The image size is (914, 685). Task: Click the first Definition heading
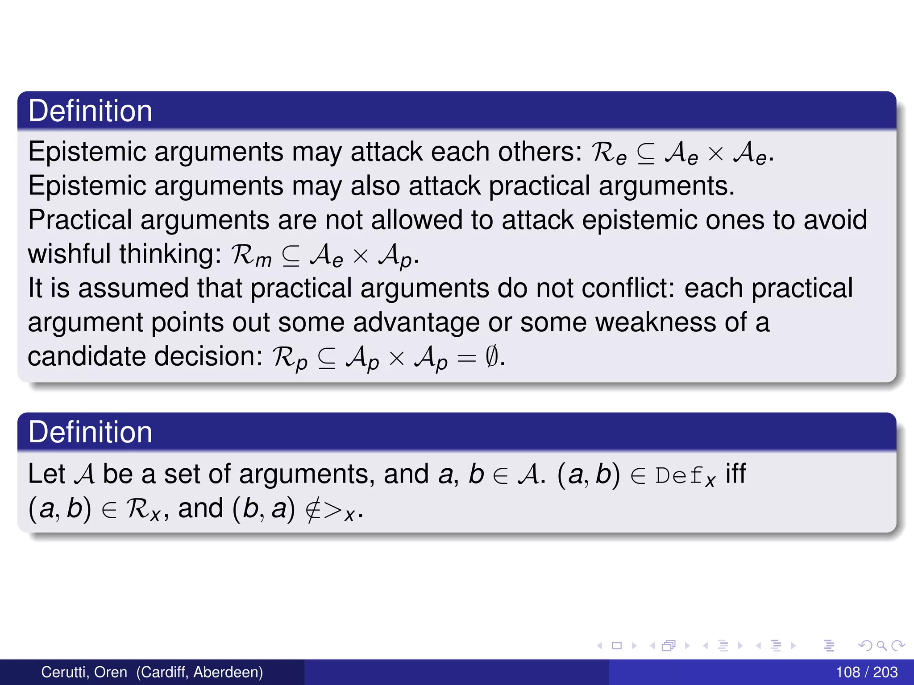pos(90,111)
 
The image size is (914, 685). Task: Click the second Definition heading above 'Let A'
pos(90,432)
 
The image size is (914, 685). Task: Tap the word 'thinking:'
pos(170,254)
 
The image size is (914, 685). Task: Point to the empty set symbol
pos(491,356)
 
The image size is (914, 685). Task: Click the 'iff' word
pos(735,474)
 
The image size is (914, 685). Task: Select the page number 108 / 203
pos(866,672)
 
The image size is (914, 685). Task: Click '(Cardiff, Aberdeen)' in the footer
pos(199,672)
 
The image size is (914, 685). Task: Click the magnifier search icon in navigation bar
pos(881,645)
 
